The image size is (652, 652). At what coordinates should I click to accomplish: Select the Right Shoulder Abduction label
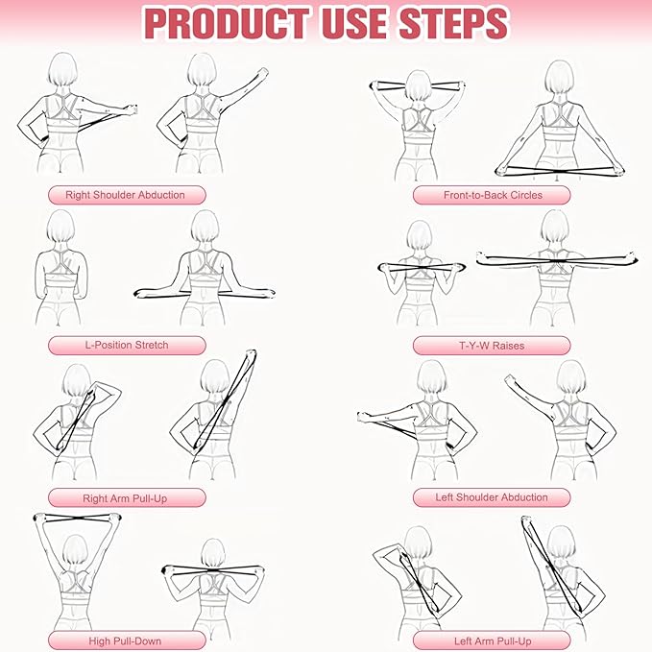[126, 195]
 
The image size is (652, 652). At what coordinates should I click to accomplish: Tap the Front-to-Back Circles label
[492, 195]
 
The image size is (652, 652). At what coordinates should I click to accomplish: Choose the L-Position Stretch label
[126, 346]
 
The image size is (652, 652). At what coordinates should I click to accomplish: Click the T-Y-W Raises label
[492, 346]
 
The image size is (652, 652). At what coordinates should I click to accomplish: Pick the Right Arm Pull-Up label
[126, 497]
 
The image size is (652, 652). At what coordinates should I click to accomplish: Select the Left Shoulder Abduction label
[492, 497]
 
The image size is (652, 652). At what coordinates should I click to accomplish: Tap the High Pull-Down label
[126, 640]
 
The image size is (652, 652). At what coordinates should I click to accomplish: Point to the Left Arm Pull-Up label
[492, 640]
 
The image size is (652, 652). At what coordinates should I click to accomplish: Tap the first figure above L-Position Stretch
[60, 269]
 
